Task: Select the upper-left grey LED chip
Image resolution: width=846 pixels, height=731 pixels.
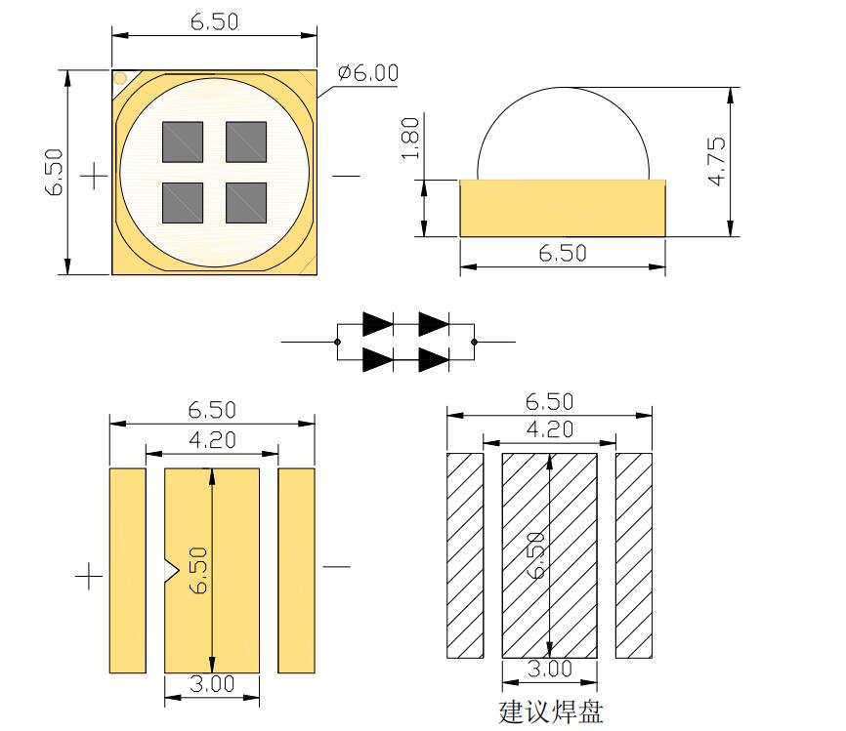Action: tap(182, 142)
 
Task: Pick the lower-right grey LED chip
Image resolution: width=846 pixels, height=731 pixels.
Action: tap(246, 203)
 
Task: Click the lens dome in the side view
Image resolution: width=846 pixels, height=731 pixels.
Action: tap(564, 132)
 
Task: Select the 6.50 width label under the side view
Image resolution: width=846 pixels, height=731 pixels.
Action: tap(563, 253)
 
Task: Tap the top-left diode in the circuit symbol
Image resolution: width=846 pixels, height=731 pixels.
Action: tap(377, 323)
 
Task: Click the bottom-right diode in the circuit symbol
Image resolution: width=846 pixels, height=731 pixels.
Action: tap(433, 360)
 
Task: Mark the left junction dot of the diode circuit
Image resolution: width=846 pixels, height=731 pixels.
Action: tap(336, 343)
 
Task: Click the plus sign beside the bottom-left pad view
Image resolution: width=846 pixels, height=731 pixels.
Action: tap(89, 577)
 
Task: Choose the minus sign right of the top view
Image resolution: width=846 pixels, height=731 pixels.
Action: tap(346, 176)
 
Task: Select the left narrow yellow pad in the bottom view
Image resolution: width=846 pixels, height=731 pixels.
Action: tap(127, 570)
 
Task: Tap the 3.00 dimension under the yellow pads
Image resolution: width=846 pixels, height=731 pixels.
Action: tap(212, 683)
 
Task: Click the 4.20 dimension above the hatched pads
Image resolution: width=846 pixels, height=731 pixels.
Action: tap(549, 427)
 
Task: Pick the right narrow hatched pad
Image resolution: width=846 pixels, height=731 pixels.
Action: tap(633, 555)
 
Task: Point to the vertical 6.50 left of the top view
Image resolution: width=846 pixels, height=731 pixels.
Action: tap(55, 172)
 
